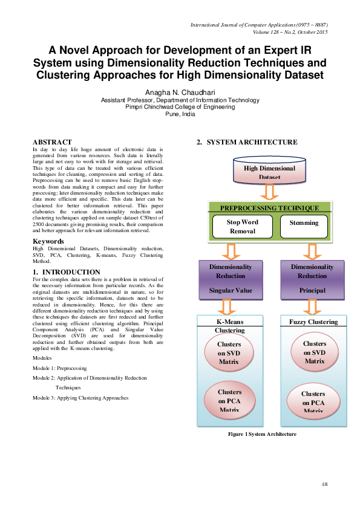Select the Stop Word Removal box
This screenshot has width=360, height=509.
pyautogui.click(x=241, y=226)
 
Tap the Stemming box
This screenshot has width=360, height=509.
pyautogui.click(x=304, y=223)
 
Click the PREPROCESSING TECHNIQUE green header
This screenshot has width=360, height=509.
pyautogui.click(x=270, y=207)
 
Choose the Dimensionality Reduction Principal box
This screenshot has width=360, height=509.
pyautogui.click(x=312, y=279)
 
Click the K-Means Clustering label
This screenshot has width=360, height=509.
pyautogui.click(x=230, y=326)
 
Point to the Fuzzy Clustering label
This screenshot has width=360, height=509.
pyautogui.click(x=313, y=322)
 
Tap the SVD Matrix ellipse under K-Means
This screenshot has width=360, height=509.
pyautogui.click(x=229, y=353)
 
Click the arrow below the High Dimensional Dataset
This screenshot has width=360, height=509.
pyautogui.click(x=269, y=192)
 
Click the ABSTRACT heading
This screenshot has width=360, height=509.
pyautogui.click(x=52, y=141)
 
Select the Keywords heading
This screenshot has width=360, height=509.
pyautogui.click(x=48, y=241)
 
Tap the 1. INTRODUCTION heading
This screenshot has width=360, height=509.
pyautogui.click(x=67, y=272)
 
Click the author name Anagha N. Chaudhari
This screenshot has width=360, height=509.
pyautogui.click(x=180, y=92)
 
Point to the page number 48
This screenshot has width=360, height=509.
pyautogui.click(x=324, y=485)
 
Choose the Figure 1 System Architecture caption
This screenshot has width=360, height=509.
pyautogui.click(x=262, y=434)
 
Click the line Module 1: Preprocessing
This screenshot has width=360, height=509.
pyautogui.click(x=60, y=368)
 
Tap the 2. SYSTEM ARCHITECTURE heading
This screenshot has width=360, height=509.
pyautogui.click(x=246, y=142)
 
